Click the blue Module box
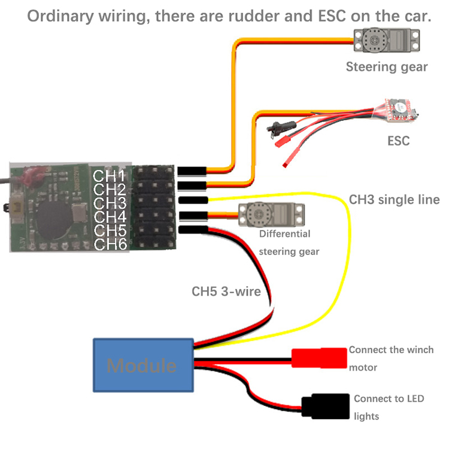click(143, 365)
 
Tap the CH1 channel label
click(109, 176)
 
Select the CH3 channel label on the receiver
click(109, 204)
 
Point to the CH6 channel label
click(109, 244)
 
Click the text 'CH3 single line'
click(394, 200)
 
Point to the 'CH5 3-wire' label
click(226, 292)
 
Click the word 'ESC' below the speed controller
click(398, 141)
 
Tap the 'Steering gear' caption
click(387, 66)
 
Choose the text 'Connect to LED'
click(389, 399)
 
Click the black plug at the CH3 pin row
click(193, 200)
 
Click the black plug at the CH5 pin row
click(193, 229)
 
